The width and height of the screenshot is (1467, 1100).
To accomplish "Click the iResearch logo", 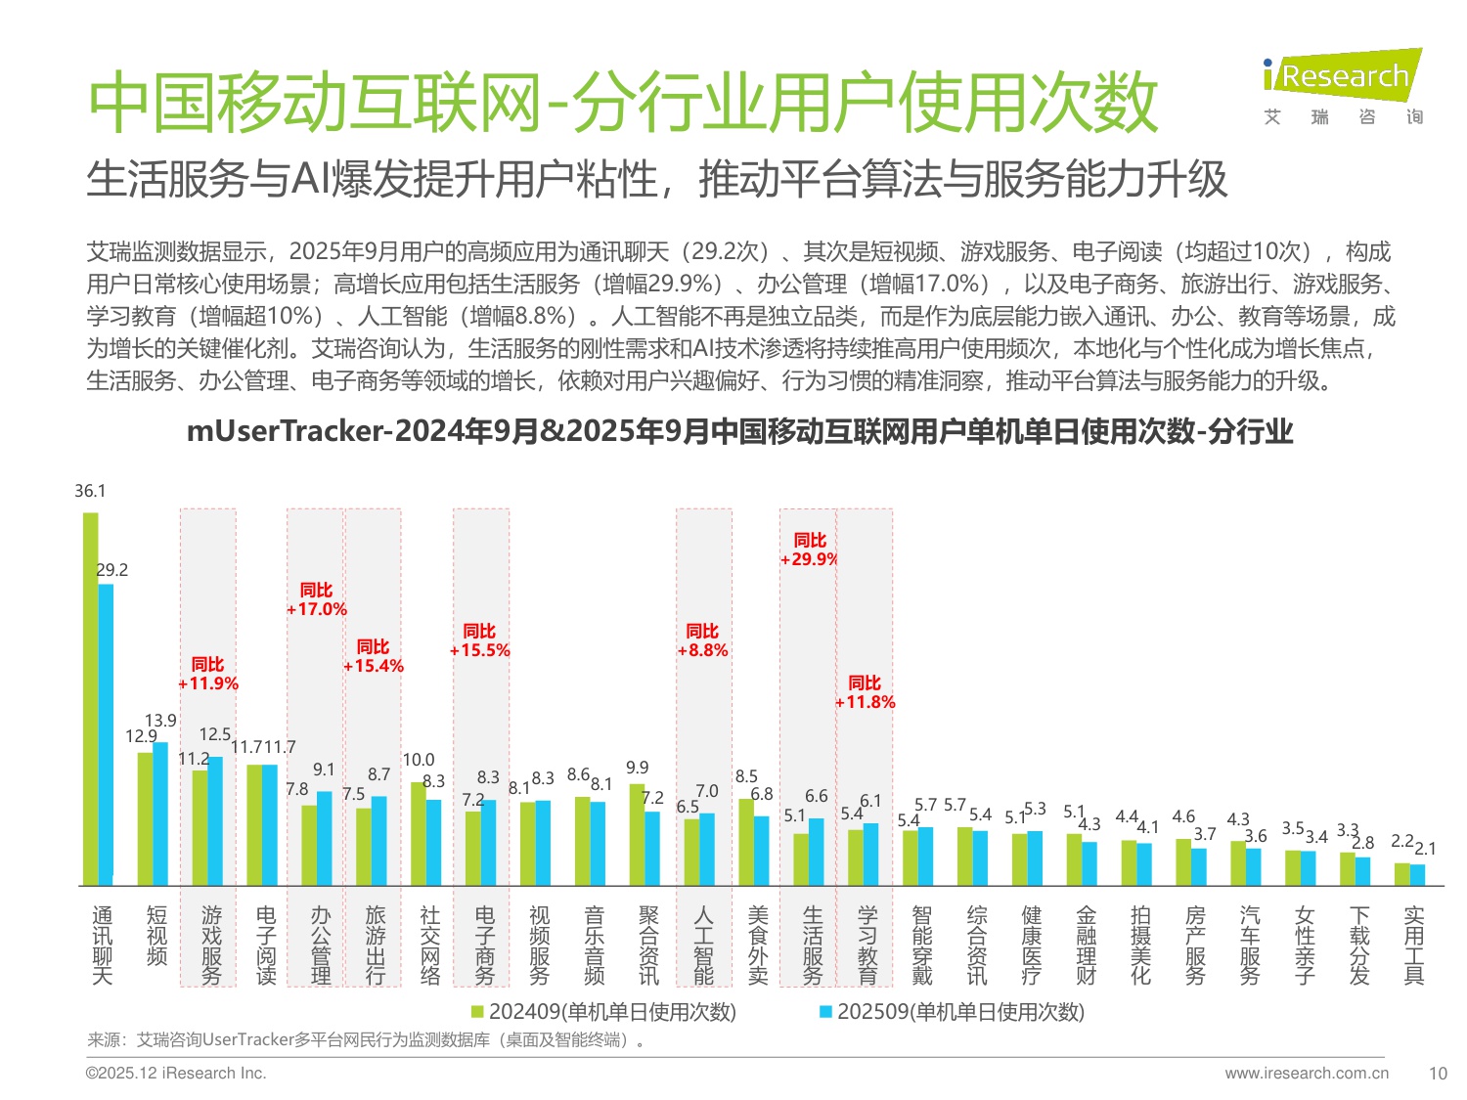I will (1342, 87).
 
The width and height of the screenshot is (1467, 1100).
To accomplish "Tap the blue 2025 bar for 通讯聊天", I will (106, 733).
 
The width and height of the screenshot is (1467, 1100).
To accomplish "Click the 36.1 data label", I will (90, 491).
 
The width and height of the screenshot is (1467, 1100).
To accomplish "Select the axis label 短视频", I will (156, 936).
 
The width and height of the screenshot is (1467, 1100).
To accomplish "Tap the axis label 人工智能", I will (703, 945).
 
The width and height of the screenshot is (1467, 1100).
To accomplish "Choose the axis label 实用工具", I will (1413, 945).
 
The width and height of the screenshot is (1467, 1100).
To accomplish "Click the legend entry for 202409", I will (603, 1012).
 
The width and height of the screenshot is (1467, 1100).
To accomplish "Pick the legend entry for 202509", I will (952, 1012).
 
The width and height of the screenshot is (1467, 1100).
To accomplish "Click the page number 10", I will (1437, 1074).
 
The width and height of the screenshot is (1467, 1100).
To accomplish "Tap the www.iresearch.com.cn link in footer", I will (1306, 1074).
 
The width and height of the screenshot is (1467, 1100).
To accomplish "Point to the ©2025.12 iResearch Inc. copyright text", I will (176, 1074).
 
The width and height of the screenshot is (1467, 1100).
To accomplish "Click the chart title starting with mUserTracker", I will (739, 431).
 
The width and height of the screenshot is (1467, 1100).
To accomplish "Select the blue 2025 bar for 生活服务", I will (817, 852).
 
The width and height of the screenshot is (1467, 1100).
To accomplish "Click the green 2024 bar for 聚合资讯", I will (637, 834).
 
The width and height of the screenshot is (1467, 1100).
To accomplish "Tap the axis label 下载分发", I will (1359, 945).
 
